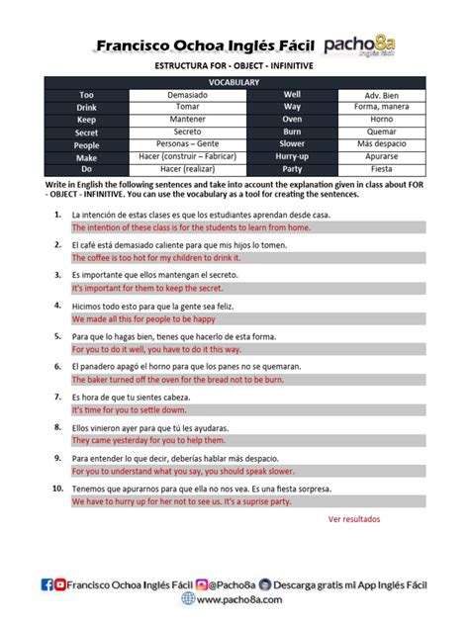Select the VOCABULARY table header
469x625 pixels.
pyautogui.click(x=234, y=82)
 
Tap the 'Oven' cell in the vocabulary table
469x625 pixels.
pyautogui.click(x=292, y=119)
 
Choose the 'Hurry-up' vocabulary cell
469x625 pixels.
pyautogui.click(x=292, y=156)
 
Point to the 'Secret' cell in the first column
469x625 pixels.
pyautogui.click(x=87, y=132)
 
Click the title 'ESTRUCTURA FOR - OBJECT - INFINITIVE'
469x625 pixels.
pyautogui.click(x=234, y=65)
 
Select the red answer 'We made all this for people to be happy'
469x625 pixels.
pyautogui.click(x=143, y=319)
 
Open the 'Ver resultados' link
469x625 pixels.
pyautogui.click(x=353, y=518)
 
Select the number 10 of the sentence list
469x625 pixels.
pyautogui.click(x=57, y=489)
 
